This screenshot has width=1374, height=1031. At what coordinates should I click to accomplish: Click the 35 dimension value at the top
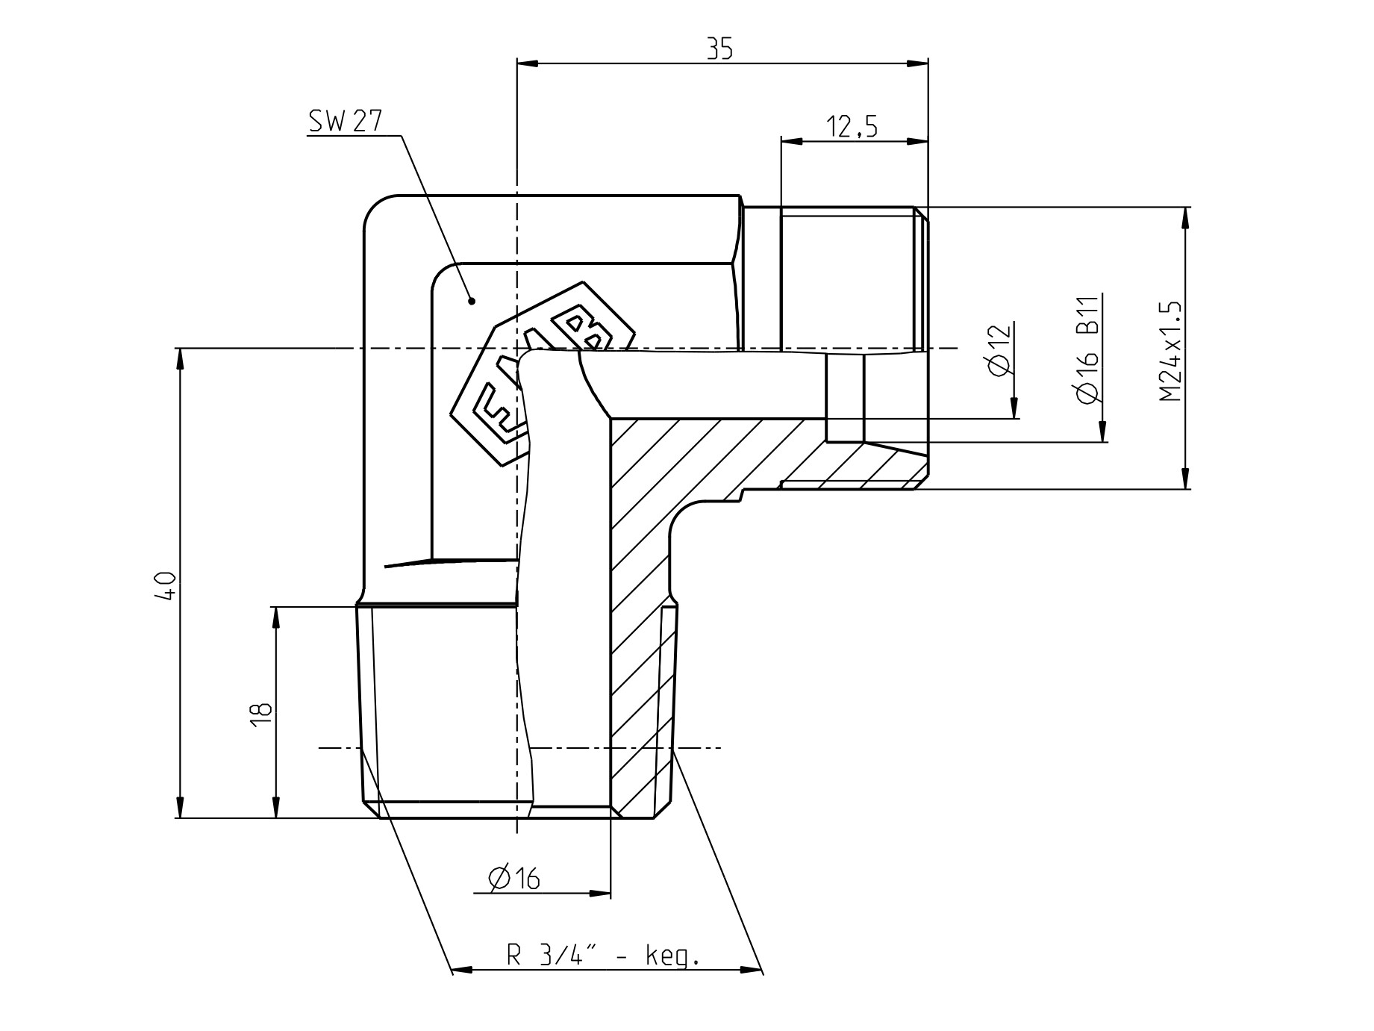pyautogui.click(x=720, y=49)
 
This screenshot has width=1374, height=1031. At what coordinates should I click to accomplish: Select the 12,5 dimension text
pyautogui.click(x=852, y=127)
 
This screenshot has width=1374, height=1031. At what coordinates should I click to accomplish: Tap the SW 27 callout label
pyautogui.click(x=346, y=122)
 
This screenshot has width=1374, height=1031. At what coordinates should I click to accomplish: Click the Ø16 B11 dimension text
pyautogui.click(x=1089, y=350)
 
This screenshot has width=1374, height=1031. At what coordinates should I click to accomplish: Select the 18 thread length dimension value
pyautogui.click(x=260, y=714)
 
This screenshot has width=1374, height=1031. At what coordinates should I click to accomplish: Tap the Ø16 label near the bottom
pyautogui.click(x=514, y=879)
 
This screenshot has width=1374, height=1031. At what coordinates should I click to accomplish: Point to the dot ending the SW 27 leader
pyautogui.click(x=472, y=301)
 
